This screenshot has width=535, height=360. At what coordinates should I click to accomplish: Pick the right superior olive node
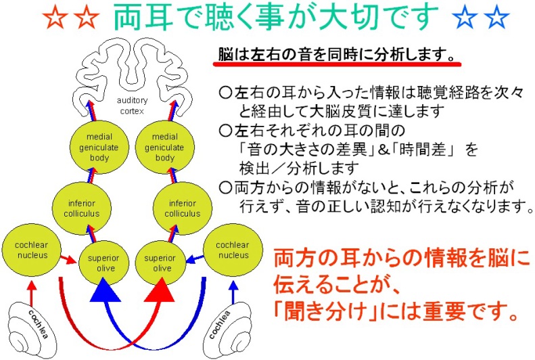(160, 261)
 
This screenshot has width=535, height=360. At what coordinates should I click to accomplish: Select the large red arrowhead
(160, 293)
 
